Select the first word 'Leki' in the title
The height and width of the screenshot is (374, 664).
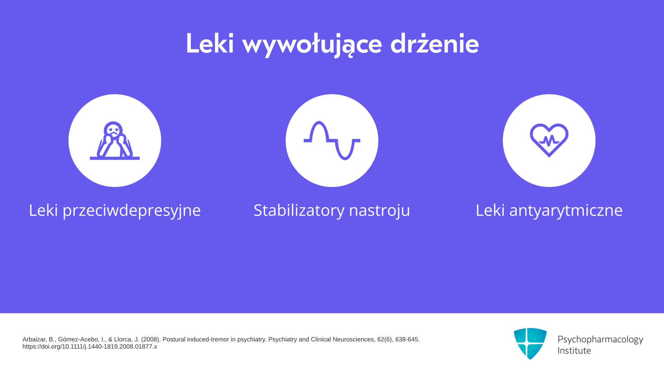click(210, 43)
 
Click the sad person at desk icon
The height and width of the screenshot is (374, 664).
click(115, 141)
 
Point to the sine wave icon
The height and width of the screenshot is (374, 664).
click(332, 141)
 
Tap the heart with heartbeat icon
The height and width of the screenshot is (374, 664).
click(549, 140)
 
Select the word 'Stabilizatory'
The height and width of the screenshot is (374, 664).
click(299, 210)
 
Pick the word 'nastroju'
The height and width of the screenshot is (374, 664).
click(379, 211)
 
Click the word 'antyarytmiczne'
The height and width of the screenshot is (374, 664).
click(566, 211)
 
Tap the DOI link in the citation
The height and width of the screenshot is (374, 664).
click(90, 347)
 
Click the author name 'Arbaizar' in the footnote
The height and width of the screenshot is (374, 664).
click(34, 339)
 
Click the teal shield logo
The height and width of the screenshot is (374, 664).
click(530, 344)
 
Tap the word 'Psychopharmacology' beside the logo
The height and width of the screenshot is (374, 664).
click(600, 340)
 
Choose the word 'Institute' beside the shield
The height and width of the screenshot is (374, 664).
click(574, 350)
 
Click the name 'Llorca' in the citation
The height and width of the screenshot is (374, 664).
click(122, 339)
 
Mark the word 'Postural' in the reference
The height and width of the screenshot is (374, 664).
click(174, 339)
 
